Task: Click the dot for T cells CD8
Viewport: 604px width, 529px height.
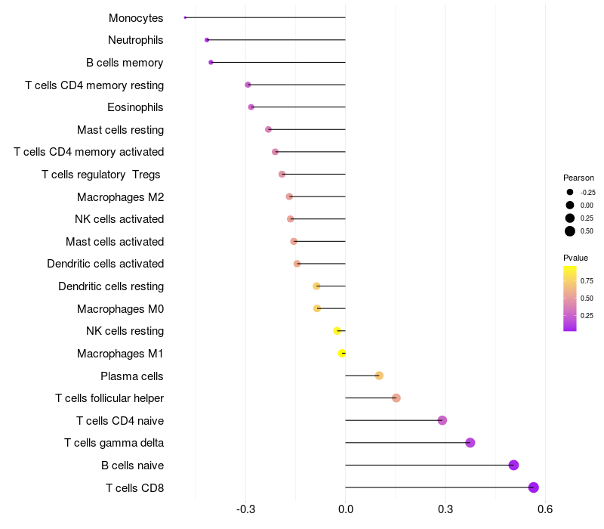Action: tap(534, 487)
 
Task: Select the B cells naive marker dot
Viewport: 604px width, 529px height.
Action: tap(514, 465)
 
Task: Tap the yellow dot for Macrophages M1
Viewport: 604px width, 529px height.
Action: tap(342, 353)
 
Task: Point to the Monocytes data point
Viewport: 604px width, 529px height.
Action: tap(185, 17)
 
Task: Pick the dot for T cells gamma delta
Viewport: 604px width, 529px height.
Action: tap(470, 443)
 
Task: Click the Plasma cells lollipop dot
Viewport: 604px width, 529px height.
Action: tap(379, 376)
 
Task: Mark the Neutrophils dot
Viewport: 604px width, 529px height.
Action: tap(207, 39)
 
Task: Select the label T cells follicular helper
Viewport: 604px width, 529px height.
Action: tap(109, 398)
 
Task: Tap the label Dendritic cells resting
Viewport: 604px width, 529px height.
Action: tap(111, 286)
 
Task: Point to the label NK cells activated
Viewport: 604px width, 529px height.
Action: tap(119, 219)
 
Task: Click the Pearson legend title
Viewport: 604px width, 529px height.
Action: tap(579, 178)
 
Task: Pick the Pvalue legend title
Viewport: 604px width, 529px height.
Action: tap(576, 258)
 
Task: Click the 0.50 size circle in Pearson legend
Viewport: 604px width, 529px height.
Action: tap(570, 231)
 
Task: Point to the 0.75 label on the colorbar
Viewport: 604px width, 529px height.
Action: tap(587, 281)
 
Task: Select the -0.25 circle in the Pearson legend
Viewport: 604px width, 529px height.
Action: tap(570, 192)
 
